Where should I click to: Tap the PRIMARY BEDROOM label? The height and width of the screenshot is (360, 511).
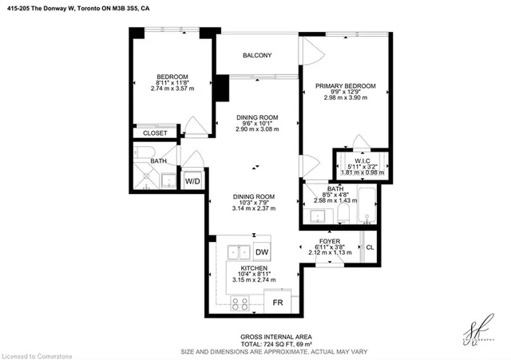341,85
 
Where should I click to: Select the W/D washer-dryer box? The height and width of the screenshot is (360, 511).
193,181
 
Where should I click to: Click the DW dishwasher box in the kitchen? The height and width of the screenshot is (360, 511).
262,251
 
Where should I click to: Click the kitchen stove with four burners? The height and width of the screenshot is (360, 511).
240,303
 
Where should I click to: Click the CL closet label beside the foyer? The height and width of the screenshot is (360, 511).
370,247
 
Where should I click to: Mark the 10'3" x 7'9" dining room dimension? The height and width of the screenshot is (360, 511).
255,203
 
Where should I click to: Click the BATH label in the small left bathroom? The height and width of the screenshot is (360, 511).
159,161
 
